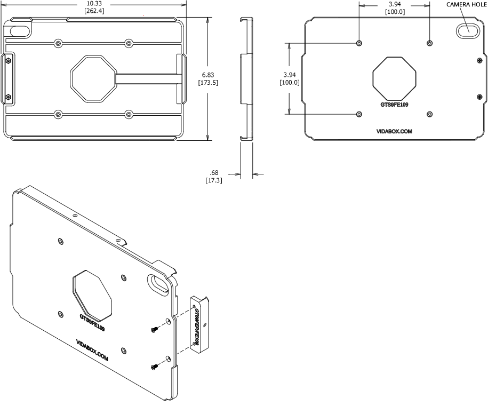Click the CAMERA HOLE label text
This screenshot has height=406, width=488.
pos(466,4)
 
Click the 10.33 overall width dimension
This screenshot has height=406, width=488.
pos(95,4)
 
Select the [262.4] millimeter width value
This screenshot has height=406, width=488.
pos(95,12)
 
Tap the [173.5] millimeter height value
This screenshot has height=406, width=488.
pos(207,83)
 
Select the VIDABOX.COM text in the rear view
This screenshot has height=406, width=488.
pos(394,131)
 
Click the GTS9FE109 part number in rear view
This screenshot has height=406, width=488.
pos(394,105)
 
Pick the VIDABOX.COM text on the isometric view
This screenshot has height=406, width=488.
pos(92,351)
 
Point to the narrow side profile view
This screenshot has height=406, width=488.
pos(246,79)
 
